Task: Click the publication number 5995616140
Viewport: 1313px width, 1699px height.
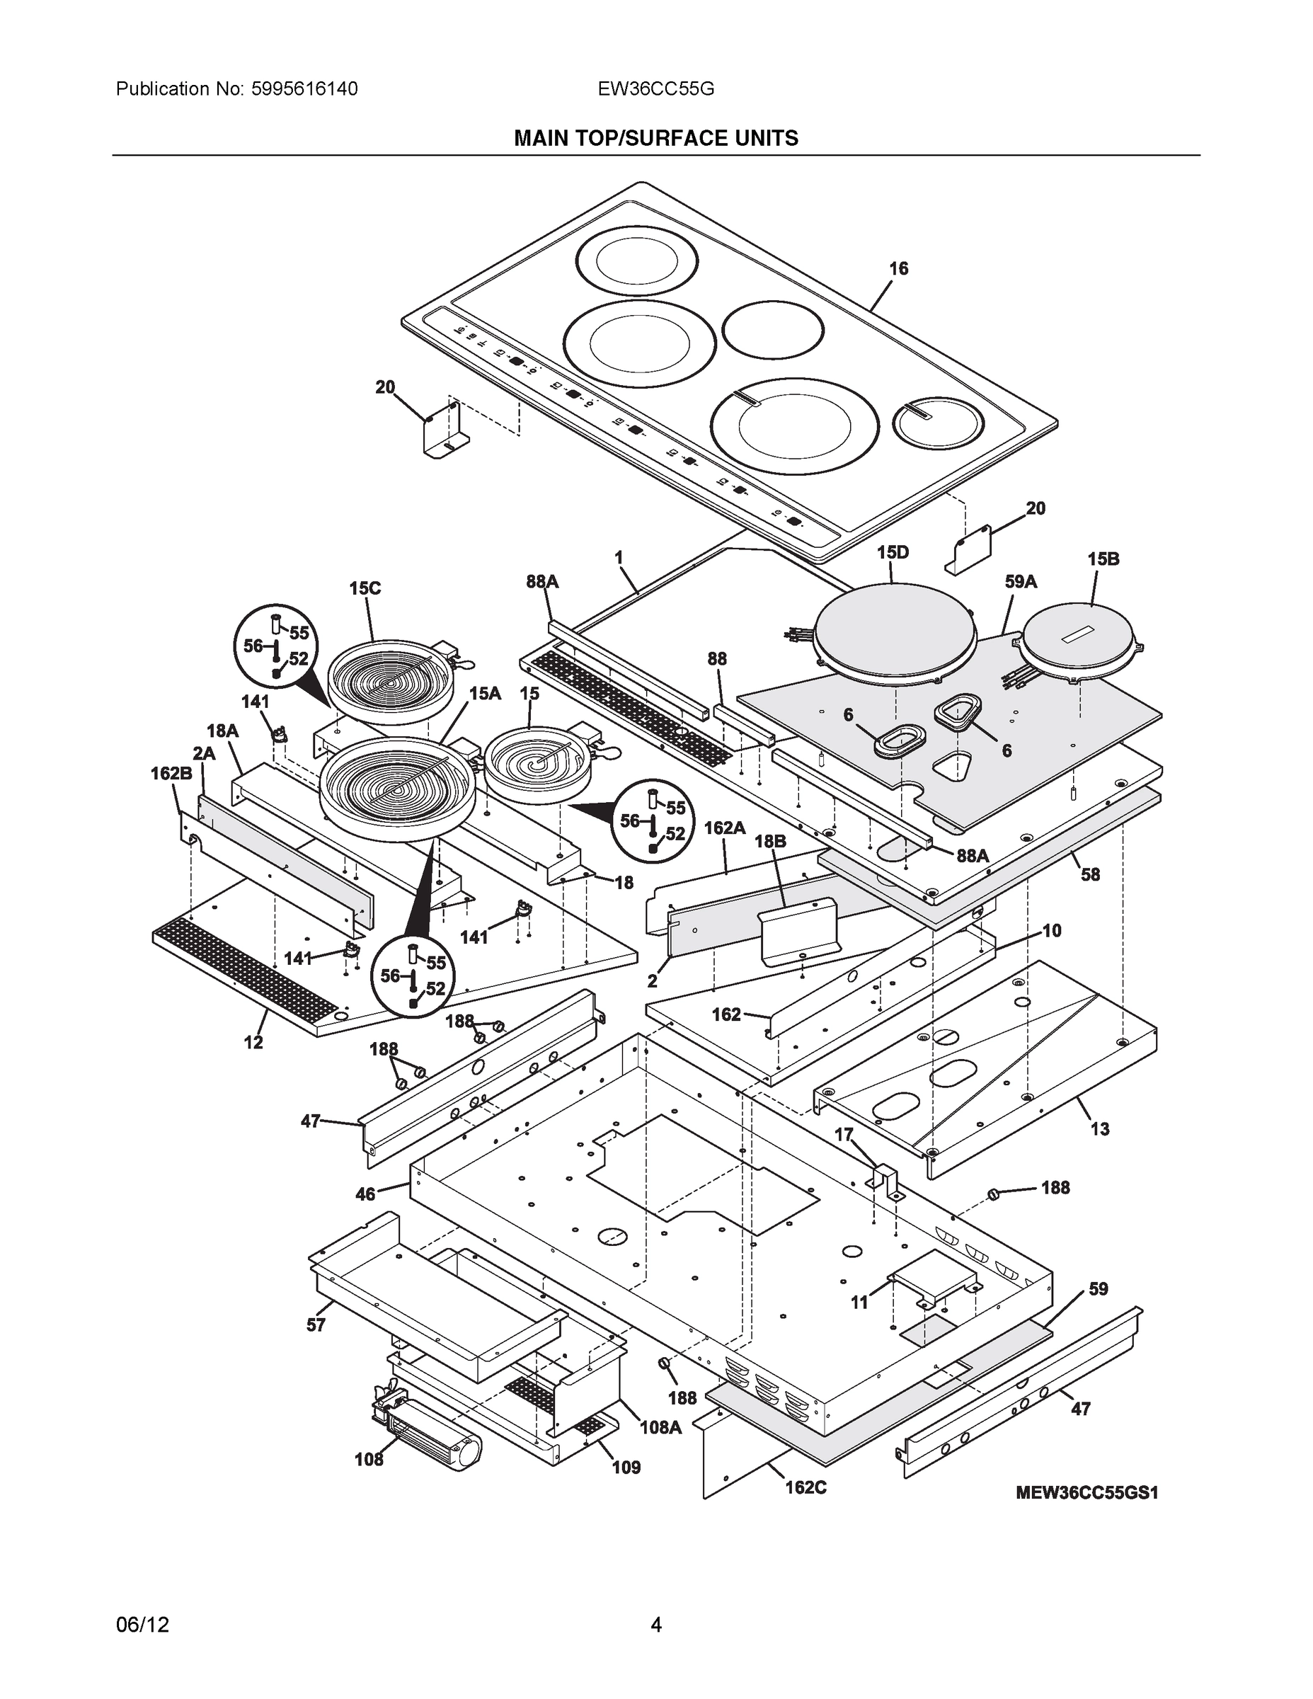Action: pyautogui.click(x=304, y=89)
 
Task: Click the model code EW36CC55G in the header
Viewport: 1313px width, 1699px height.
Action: pyautogui.click(x=655, y=89)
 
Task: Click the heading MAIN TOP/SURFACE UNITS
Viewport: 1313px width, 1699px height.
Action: pyautogui.click(x=655, y=139)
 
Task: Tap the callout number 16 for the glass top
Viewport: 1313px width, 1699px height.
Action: pyautogui.click(x=898, y=269)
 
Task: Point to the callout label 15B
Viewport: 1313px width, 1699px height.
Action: pyautogui.click(x=1103, y=559)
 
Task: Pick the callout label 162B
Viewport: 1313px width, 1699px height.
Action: pyautogui.click(x=171, y=773)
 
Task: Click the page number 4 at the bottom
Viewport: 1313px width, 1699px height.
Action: pyautogui.click(x=655, y=1625)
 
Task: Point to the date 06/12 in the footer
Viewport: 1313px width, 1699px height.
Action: pyautogui.click(x=142, y=1625)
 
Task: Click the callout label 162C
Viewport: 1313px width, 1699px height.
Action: pyautogui.click(x=805, y=1487)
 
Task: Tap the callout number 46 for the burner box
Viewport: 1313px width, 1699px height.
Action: pyautogui.click(x=365, y=1194)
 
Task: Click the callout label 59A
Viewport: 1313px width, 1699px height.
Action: pyautogui.click(x=1021, y=582)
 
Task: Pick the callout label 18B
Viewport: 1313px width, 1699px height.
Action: pyautogui.click(x=770, y=842)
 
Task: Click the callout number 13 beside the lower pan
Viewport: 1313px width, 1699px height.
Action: pyautogui.click(x=1099, y=1129)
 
